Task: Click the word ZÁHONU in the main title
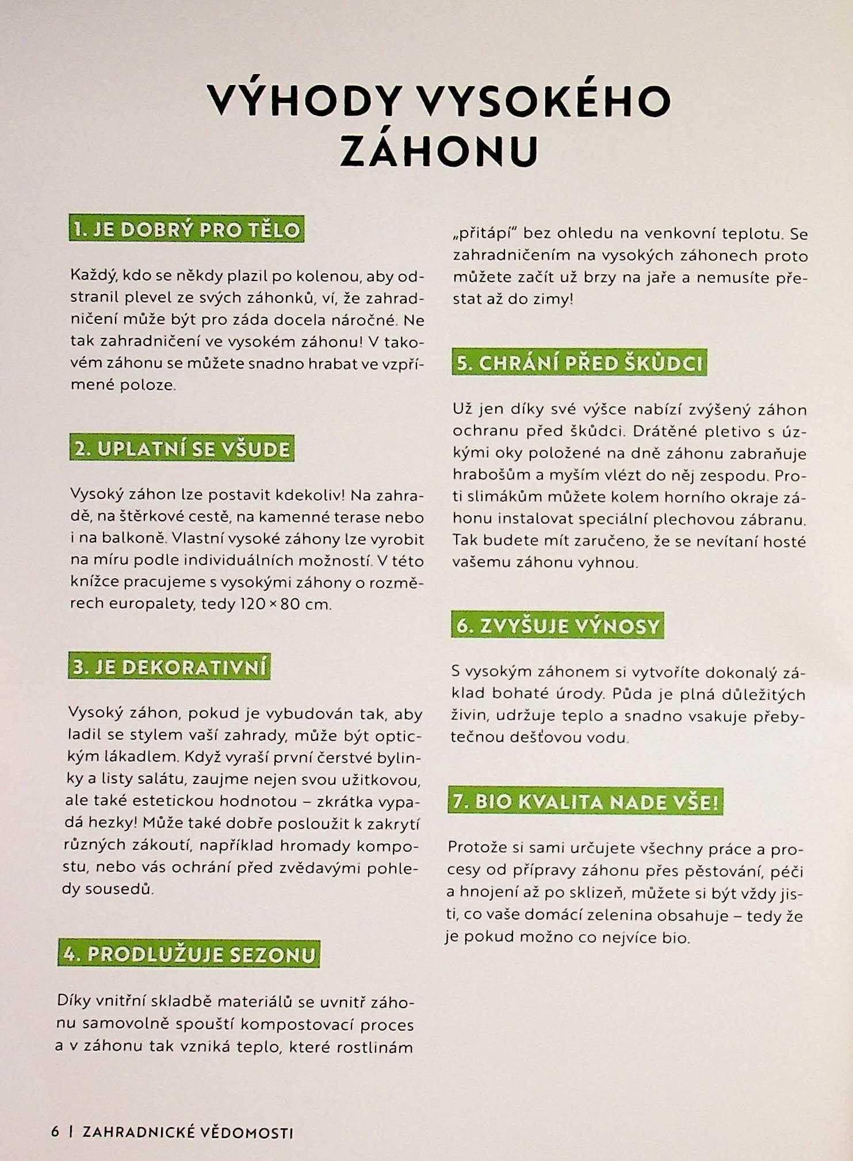pyautogui.click(x=439, y=151)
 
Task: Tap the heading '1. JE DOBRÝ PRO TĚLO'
pyautogui.click(x=186, y=230)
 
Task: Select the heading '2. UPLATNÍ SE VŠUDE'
pyautogui.click(x=182, y=449)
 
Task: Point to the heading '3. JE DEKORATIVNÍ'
pyautogui.click(x=170, y=667)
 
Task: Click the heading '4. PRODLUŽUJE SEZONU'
pyautogui.click(x=189, y=955)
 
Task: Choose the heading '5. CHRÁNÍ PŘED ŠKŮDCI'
pyautogui.click(x=580, y=363)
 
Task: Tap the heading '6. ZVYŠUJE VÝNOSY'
pyautogui.click(x=557, y=625)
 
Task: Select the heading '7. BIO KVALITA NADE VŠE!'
pyautogui.click(x=586, y=802)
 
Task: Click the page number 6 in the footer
pyautogui.click(x=55, y=1132)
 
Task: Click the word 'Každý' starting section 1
pyautogui.click(x=94, y=276)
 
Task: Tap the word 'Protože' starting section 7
pyautogui.click(x=477, y=848)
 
